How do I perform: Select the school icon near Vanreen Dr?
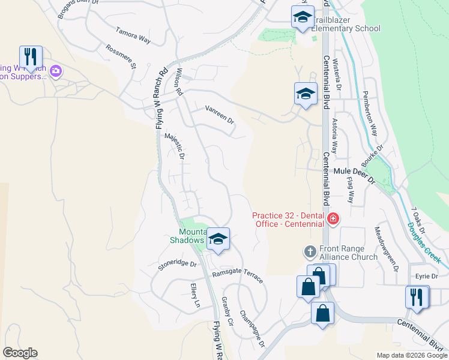point(306,94)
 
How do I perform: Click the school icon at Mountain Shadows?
point(218,239)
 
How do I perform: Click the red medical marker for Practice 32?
point(333,220)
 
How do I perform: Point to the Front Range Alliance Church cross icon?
point(310,251)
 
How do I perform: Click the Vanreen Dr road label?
point(220,113)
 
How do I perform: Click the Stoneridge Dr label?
point(177,264)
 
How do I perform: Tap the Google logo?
point(20,353)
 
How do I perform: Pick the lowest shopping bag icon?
point(322,313)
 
